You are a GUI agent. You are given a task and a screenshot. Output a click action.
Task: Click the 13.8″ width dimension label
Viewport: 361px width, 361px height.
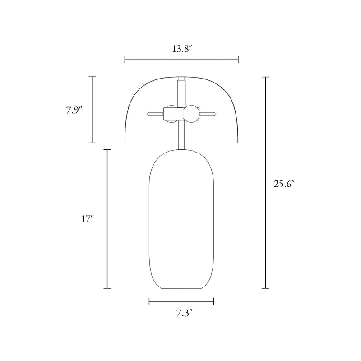[x=182, y=49]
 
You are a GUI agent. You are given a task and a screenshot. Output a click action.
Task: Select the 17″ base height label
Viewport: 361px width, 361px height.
[x=88, y=219]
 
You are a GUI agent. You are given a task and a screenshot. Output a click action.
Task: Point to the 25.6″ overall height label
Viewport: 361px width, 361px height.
[x=284, y=184]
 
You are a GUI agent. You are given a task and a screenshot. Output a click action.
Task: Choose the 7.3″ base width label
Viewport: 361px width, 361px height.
[x=185, y=313]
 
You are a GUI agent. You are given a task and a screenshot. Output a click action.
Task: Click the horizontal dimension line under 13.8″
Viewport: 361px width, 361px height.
[x=181, y=60]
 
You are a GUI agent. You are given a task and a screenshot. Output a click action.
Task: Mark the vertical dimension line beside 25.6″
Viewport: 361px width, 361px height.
[x=265, y=182]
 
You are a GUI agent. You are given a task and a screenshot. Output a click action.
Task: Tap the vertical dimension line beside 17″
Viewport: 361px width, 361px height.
[x=107, y=219]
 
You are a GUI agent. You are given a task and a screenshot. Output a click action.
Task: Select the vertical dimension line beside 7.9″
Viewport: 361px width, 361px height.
[x=92, y=110]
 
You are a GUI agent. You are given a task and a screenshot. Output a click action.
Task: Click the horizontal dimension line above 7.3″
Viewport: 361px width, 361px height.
[x=181, y=301]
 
